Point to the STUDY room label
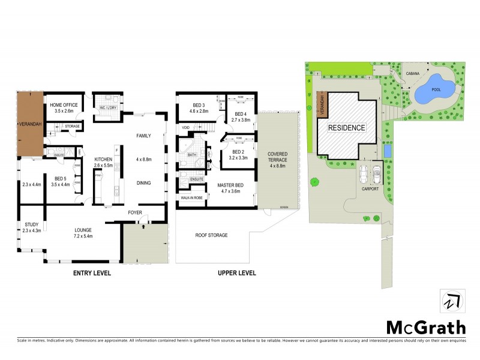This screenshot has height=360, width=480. pyautogui.click(x=29, y=225)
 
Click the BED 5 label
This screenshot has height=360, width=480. pyautogui.click(x=59, y=178)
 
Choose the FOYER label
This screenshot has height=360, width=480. pyautogui.click(x=134, y=212)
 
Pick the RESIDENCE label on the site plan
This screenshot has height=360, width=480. pyautogui.click(x=346, y=128)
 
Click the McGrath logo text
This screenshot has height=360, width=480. pyautogui.click(x=425, y=327)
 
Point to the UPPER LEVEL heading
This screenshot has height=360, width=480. pyautogui.click(x=236, y=273)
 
